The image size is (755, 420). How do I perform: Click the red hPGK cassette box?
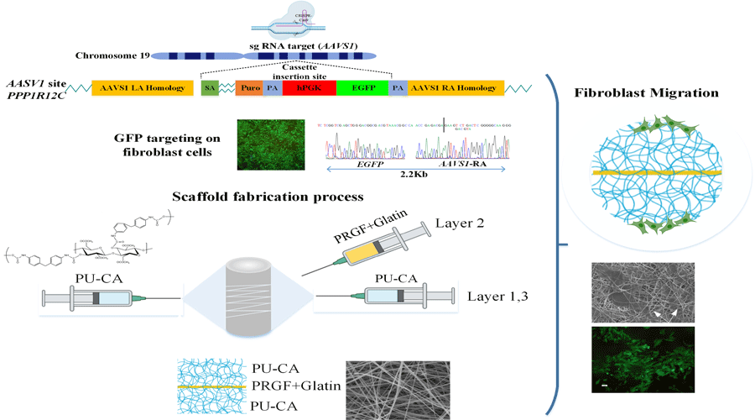[310, 88]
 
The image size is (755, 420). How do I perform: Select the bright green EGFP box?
[362, 88]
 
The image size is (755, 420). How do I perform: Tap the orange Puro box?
[249, 88]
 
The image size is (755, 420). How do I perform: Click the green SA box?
[210, 88]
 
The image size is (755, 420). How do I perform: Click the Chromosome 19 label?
[112, 56]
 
